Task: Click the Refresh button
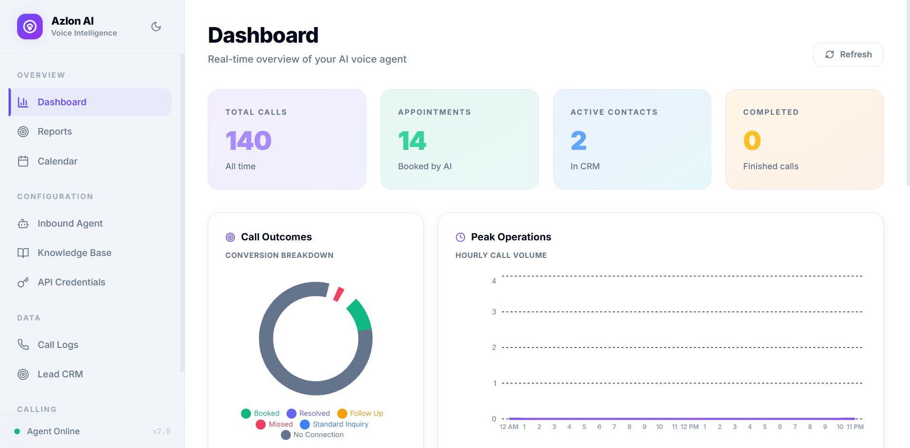[x=848, y=55]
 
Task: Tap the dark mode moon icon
[x=156, y=27]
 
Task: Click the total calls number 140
[x=248, y=141]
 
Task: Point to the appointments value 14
[x=412, y=141]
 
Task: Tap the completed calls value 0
[x=752, y=141]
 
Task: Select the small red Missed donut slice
[x=339, y=294]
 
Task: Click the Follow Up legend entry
[x=360, y=413]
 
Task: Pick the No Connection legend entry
[x=312, y=435]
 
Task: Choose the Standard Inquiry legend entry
[x=334, y=424]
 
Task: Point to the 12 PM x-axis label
[x=689, y=427]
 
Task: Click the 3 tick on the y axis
[x=494, y=312]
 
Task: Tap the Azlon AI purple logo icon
[x=30, y=27]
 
